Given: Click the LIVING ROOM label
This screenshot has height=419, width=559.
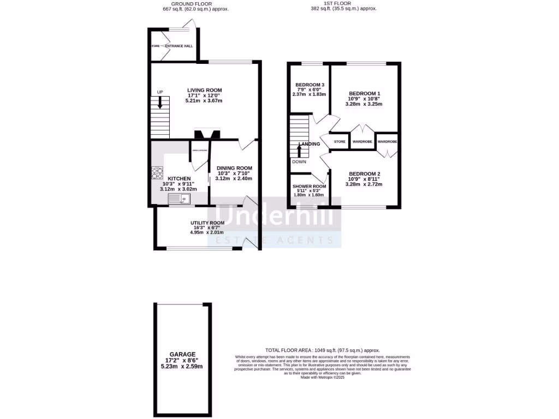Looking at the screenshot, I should (x=205, y=90).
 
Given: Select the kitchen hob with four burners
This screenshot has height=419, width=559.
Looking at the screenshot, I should (x=157, y=173).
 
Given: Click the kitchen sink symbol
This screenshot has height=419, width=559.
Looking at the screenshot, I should (x=179, y=199).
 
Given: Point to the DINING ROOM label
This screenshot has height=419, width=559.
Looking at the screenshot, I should (x=234, y=168).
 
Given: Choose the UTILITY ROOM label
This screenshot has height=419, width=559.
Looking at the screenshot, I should (x=207, y=223).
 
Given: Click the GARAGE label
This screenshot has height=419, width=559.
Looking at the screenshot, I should (x=182, y=354).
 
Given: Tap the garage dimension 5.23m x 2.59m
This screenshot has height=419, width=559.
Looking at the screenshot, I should (x=182, y=366).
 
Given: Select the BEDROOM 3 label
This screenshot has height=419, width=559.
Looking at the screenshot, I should (x=310, y=85).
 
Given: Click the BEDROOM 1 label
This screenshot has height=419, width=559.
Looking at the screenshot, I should (x=364, y=93).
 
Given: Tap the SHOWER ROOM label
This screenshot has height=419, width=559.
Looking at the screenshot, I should (x=310, y=186).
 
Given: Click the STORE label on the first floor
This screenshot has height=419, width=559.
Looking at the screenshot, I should (x=340, y=142).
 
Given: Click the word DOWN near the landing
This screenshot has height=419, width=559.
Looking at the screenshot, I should (x=299, y=161).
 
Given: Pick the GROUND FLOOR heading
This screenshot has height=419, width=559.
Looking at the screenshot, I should (x=187, y=4).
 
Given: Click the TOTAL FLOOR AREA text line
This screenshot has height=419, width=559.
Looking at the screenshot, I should (x=322, y=350).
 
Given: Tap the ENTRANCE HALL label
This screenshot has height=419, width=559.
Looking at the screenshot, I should (x=180, y=46).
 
